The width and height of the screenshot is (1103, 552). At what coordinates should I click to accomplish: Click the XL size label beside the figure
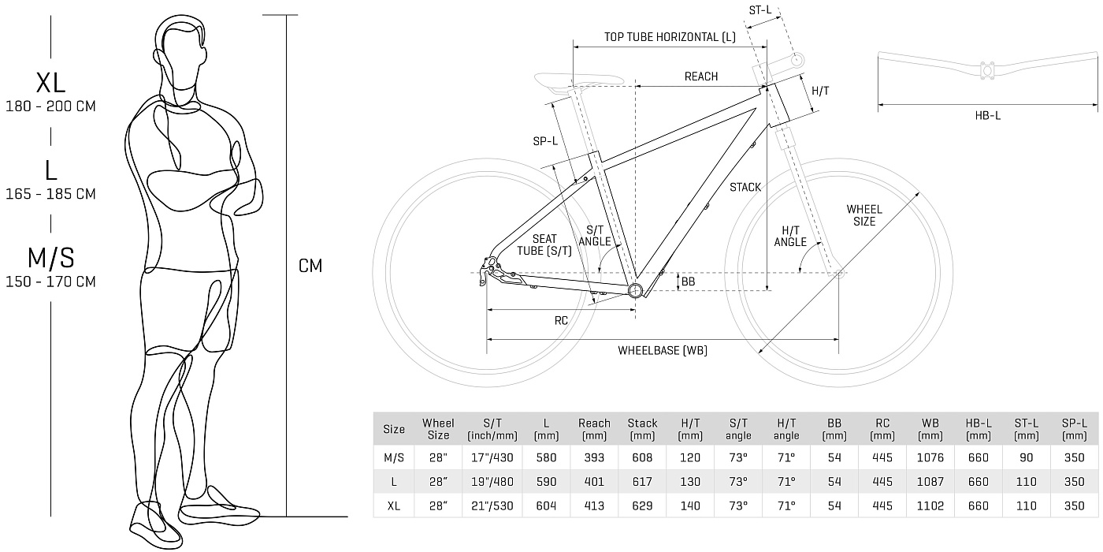[50, 83]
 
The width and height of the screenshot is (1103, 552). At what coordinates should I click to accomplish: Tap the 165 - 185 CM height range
[50, 194]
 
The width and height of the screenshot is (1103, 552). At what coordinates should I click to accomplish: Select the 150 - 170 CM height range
[50, 282]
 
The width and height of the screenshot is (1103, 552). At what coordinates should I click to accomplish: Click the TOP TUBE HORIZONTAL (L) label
[670, 38]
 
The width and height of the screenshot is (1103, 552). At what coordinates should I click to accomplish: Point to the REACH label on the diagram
[701, 76]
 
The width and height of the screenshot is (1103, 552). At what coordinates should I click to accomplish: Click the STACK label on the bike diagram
[745, 188]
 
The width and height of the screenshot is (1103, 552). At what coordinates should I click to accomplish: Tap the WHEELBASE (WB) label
[663, 350]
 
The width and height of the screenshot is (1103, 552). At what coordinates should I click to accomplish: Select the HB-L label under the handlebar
[988, 116]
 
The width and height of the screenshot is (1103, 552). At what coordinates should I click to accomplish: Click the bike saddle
[578, 81]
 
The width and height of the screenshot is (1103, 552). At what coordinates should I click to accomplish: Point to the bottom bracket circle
[635, 290]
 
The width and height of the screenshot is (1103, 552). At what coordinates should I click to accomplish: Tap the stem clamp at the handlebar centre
[987, 70]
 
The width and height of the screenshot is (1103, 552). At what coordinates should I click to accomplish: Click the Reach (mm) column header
[594, 429]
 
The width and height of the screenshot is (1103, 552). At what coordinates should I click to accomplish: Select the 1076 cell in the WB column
[930, 458]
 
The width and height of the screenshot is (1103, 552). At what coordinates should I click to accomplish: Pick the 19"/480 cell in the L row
[492, 482]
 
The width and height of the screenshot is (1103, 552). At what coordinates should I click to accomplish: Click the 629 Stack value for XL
[642, 505]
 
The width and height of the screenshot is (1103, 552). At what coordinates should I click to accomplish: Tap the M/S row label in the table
[394, 458]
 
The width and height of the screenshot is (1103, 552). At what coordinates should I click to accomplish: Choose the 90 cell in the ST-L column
[1026, 458]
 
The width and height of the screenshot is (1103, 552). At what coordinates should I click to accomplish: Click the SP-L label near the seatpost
[545, 141]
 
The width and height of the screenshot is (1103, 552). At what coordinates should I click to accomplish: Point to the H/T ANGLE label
[790, 237]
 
